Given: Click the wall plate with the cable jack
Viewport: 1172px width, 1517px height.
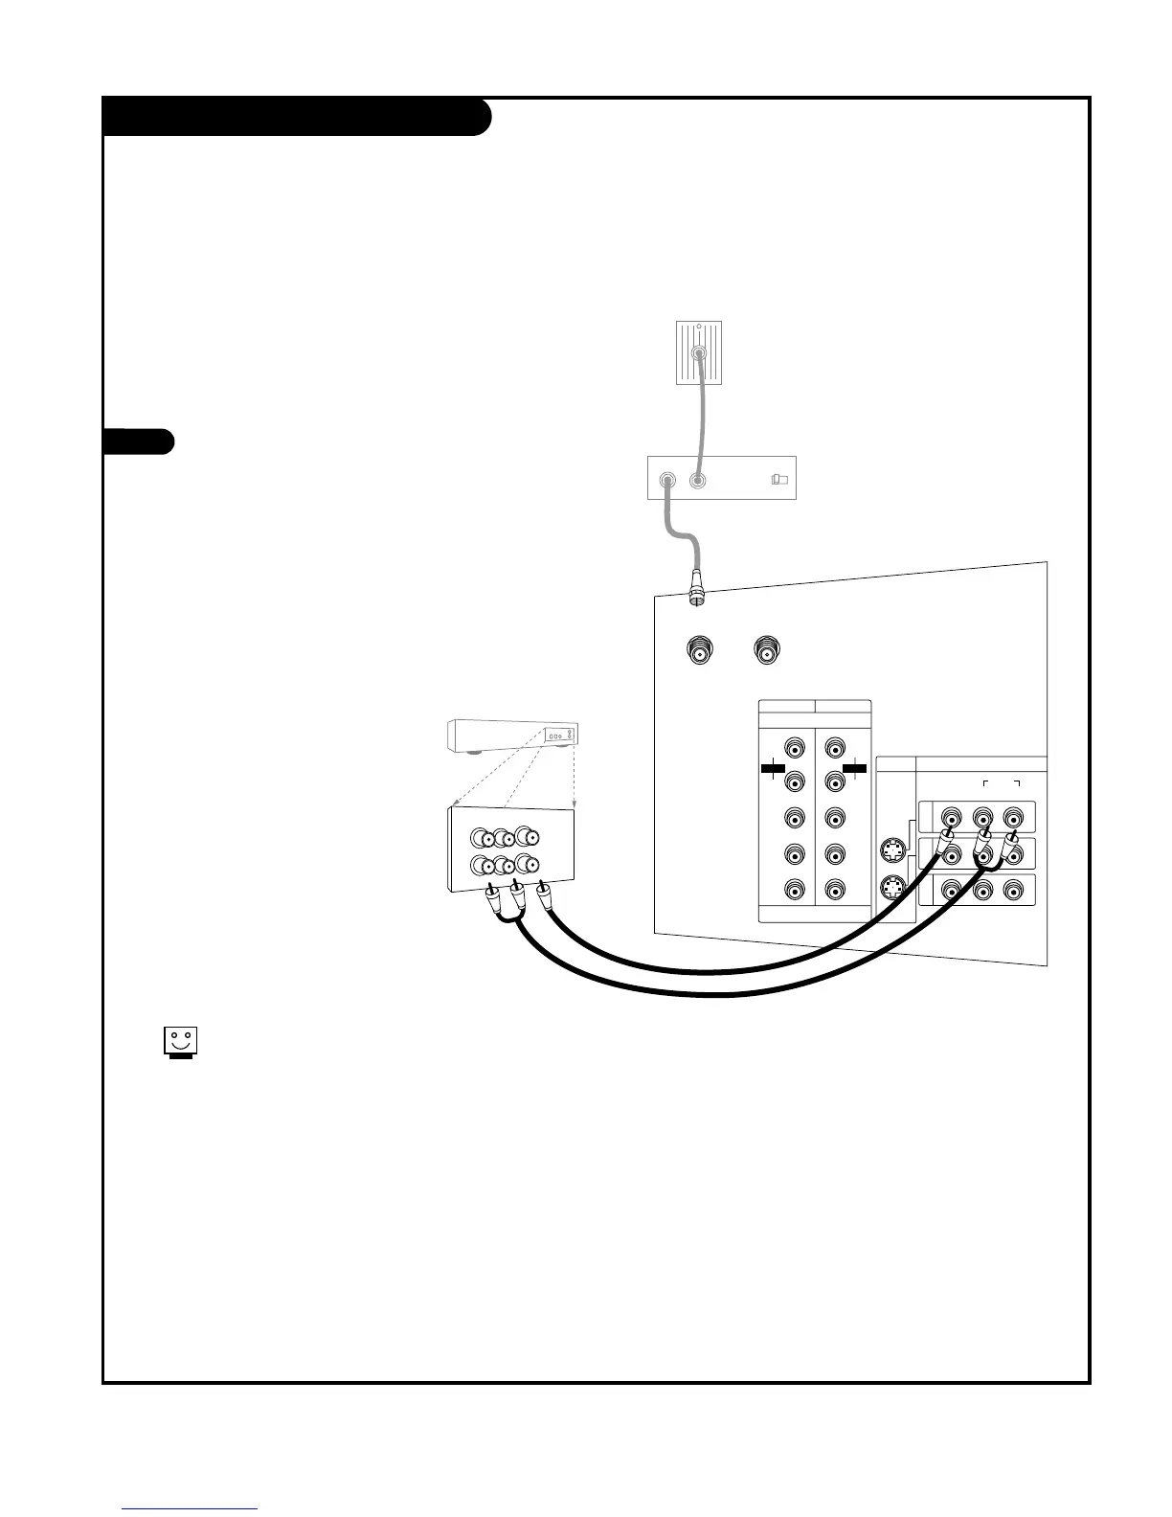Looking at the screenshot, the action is tap(698, 352).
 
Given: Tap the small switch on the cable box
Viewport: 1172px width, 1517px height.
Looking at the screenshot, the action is tap(778, 479).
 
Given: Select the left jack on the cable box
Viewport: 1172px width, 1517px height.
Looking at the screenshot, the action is tap(667, 479).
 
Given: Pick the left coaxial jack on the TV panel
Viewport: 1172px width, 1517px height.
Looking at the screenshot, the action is tap(701, 652).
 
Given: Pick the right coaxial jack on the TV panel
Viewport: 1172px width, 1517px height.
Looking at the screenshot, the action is tap(766, 651).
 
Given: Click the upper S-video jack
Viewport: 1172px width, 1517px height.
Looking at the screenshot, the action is tap(891, 850).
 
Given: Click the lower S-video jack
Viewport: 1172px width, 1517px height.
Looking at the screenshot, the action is tap(891, 887).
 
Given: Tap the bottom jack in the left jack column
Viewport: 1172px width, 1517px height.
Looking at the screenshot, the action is tap(794, 890).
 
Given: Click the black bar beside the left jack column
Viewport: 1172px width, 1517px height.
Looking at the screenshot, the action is tap(772, 767).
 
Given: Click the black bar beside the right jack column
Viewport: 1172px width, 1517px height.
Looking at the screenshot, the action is tap(855, 767).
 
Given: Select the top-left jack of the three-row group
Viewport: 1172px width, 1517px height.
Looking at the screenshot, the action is tap(951, 818).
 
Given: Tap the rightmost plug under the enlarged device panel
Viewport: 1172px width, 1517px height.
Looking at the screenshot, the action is tap(545, 893).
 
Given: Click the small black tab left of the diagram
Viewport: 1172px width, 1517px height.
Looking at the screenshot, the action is tap(138, 442).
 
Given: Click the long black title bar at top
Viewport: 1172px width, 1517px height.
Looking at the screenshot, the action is tap(297, 117).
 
